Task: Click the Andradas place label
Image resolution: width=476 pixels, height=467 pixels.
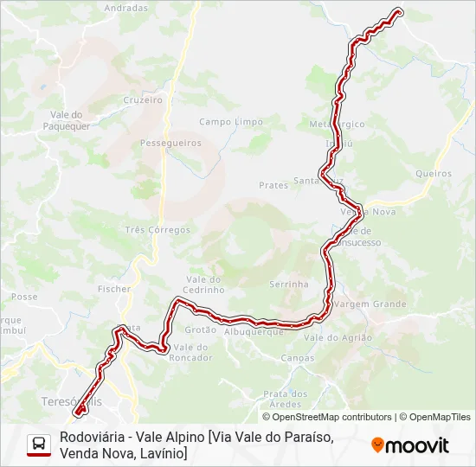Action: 125,8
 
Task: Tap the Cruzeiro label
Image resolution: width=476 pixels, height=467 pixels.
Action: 143,99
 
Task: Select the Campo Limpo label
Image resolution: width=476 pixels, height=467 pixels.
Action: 231,122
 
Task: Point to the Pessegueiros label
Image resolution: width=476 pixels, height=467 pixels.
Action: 170,143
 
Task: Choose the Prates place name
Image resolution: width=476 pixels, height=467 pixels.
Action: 273,185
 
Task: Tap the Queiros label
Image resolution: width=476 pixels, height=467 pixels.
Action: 434,173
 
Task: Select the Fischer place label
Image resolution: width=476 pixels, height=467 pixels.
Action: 114,289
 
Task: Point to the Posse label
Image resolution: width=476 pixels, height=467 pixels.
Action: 24,297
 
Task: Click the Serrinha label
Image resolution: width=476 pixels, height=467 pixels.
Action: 289,284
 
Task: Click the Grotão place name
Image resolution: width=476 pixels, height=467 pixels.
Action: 201,329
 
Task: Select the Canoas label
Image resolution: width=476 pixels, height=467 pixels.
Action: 298,357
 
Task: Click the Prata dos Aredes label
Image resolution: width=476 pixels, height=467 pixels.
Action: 286,399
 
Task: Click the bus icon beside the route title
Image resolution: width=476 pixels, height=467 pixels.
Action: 39,445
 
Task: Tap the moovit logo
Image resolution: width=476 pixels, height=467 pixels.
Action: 410,445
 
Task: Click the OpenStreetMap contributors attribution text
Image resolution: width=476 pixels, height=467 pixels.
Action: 331,417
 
